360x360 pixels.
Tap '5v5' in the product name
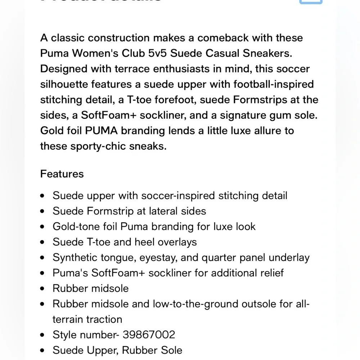click(156, 53)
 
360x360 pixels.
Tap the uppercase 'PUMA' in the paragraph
click(101, 131)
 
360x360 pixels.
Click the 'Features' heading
click(62, 174)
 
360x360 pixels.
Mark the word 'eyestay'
click(158, 257)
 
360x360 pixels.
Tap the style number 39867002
click(149, 335)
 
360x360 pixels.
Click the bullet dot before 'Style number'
click(43, 335)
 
